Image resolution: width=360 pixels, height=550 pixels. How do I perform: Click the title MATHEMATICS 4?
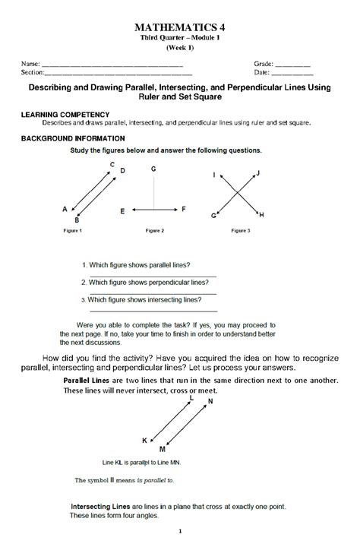(x=180, y=27)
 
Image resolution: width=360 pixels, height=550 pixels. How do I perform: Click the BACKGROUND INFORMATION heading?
(x=73, y=139)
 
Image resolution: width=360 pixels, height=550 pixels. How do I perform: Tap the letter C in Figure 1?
(x=112, y=164)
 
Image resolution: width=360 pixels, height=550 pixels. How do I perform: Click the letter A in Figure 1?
(x=65, y=208)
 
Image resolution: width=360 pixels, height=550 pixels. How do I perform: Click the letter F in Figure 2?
(x=183, y=207)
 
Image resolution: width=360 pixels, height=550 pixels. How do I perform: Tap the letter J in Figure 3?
(x=258, y=173)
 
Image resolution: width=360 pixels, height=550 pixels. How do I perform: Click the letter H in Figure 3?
(x=261, y=216)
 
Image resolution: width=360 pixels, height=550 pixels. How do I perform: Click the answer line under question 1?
(x=152, y=275)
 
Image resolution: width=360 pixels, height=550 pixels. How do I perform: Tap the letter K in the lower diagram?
(x=145, y=440)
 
